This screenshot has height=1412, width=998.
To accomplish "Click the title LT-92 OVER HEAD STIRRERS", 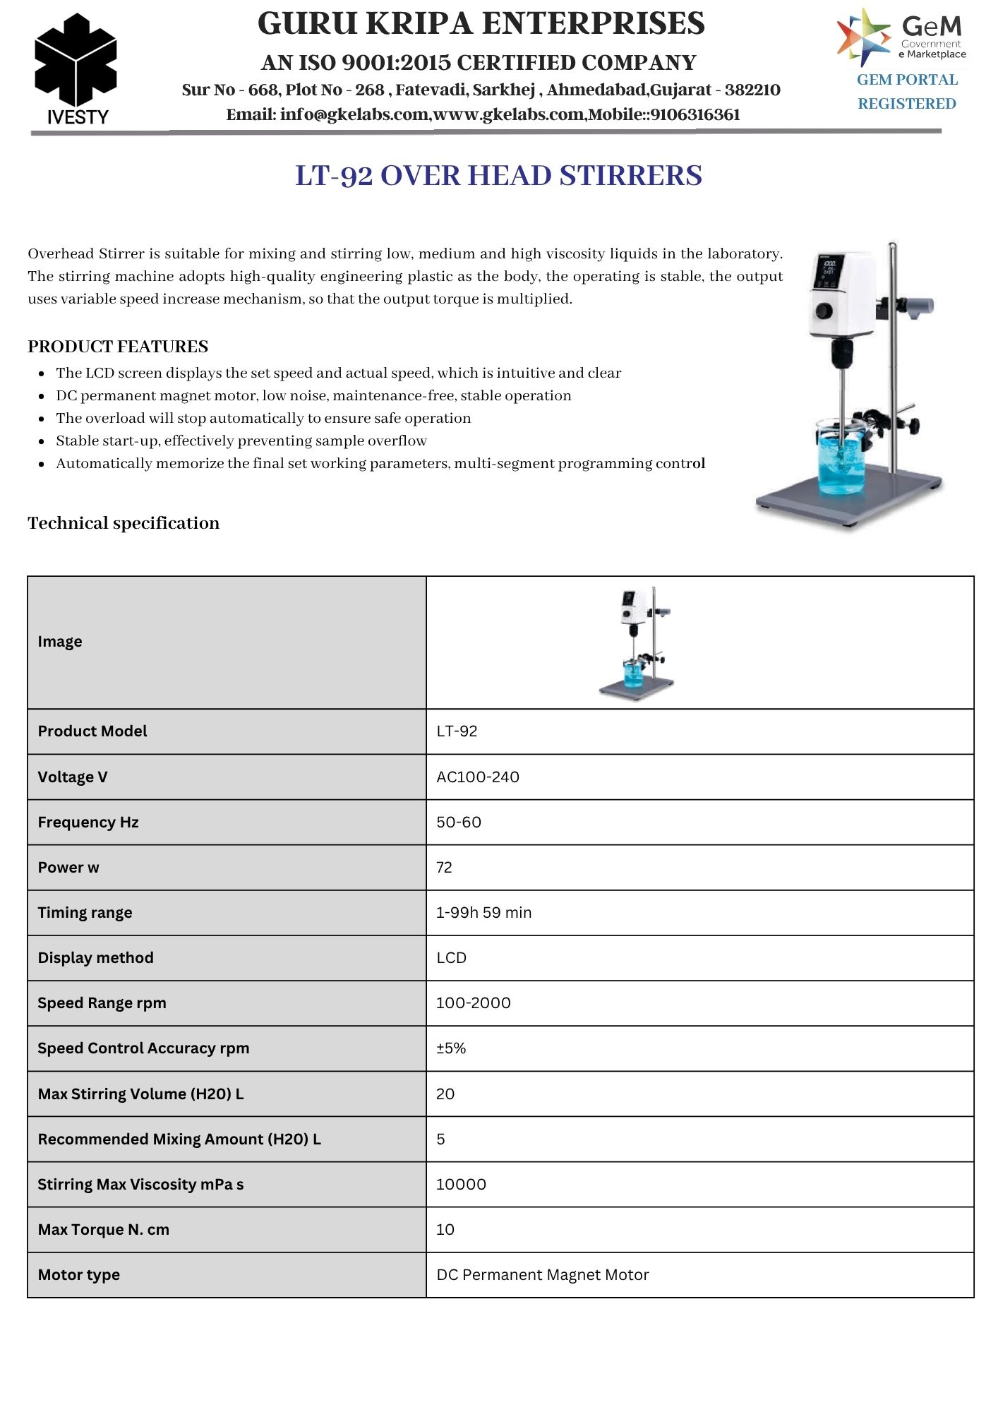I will point(498,176).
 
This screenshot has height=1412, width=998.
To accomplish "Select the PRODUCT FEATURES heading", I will point(118,347).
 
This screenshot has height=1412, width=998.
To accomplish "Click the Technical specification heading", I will point(124,523).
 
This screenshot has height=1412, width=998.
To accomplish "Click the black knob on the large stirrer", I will point(824,311).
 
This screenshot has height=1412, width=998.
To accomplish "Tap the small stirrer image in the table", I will point(637,642).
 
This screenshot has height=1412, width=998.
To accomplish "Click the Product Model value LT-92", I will point(457,731).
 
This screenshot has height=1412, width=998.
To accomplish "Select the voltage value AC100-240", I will point(478,777).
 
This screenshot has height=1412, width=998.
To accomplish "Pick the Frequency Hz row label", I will point(88,822).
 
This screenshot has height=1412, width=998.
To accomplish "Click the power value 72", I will point(444,867).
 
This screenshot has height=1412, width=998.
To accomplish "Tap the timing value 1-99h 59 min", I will point(483,912).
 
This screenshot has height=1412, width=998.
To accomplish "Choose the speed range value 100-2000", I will point(473,1003).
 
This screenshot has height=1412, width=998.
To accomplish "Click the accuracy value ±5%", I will point(451,1048).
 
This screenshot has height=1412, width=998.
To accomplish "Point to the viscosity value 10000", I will point(461,1184).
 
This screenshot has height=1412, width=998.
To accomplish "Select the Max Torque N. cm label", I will point(104,1229).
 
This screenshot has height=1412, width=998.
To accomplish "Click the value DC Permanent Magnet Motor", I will point(542,1274).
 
